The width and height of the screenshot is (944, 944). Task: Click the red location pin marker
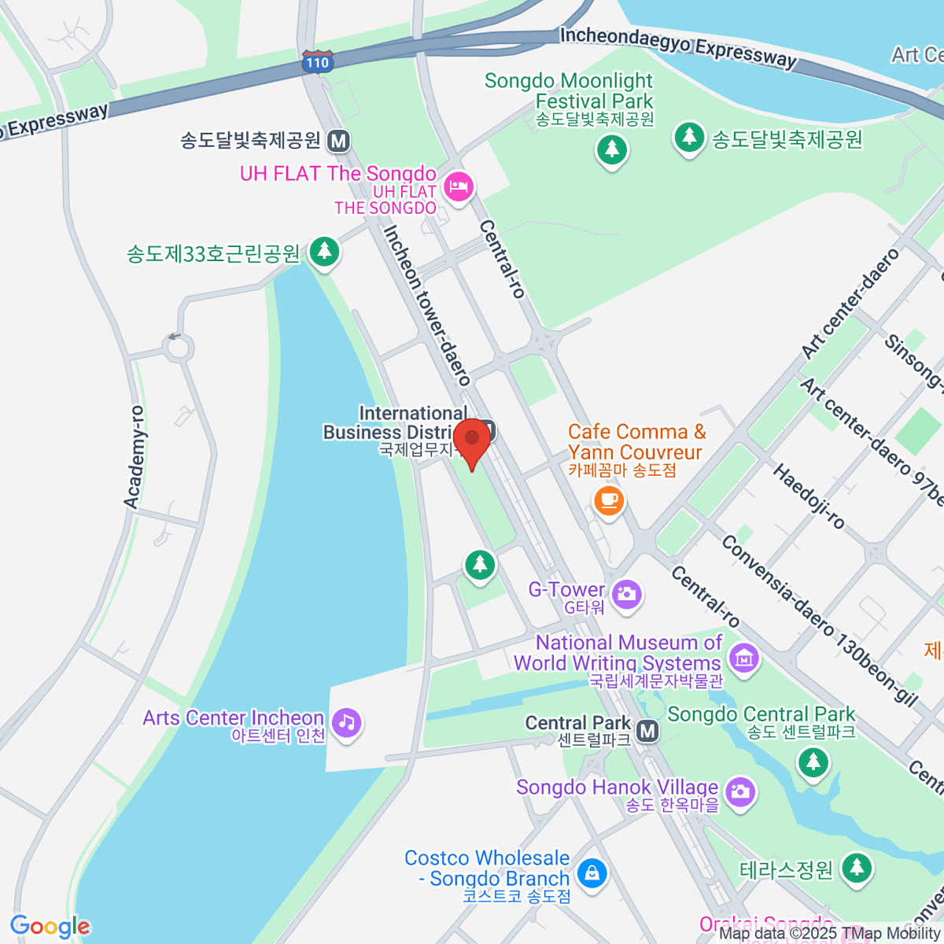(x=472, y=441)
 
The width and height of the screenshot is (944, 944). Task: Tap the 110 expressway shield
(x=317, y=62)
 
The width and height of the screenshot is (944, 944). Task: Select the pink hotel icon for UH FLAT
(x=458, y=186)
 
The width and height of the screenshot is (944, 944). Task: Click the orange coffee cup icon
(x=608, y=500)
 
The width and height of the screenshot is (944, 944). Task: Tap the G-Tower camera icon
(x=627, y=594)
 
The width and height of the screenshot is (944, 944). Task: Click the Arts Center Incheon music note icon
(x=346, y=722)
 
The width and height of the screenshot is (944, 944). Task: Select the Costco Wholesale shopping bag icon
(x=592, y=872)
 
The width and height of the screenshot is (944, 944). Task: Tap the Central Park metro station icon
(x=647, y=732)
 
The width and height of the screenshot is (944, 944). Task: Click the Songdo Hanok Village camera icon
(x=739, y=791)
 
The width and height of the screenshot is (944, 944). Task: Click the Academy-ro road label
(x=135, y=457)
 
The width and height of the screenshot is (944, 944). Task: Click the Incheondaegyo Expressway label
(x=678, y=47)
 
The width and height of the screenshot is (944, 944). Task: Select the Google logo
(x=50, y=927)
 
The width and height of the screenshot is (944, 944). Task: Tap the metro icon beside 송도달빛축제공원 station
(x=339, y=141)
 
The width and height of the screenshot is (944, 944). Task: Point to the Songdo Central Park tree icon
(x=813, y=761)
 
